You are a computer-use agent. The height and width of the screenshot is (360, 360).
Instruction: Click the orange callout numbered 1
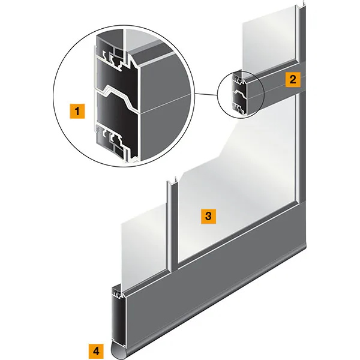pyautogui.click(x=77, y=111)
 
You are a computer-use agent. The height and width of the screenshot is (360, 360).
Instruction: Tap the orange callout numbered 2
pyautogui.click(x=293, y=79)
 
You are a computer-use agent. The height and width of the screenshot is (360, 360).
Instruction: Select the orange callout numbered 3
pyautogui.click(x=208, y=216)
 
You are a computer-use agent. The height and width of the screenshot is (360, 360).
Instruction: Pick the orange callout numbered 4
pyautogui.click(x=96, y=351)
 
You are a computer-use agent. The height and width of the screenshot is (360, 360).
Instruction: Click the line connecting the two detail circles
pyautogui.click(x=206, y=94)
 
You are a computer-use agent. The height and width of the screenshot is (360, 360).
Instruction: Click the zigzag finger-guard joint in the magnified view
pyautogui.click(x=117, y=97)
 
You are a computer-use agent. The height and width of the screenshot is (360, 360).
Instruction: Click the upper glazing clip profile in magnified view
pyautogui.click(x=113, y=58)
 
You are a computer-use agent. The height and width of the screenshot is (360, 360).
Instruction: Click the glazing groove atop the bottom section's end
pyautogui.click(x=118, y=292)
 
